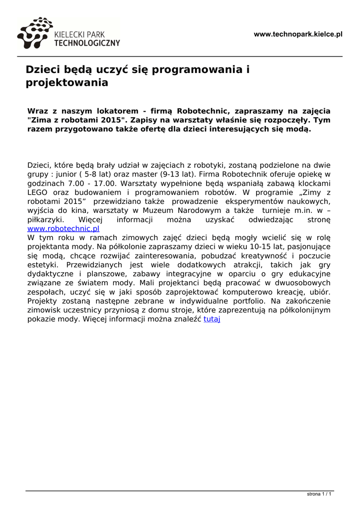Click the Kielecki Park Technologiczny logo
click(68, 34)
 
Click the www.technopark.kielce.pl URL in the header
click(298, 34)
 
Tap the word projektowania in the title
click(67, 83)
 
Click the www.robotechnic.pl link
click(63, 229)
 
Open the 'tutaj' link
click(212, 319)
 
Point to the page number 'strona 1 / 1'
click(319, 494)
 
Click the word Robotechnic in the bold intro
click(203, 111)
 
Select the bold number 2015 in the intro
click(107, 120)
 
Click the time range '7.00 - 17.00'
click(91, 183)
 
